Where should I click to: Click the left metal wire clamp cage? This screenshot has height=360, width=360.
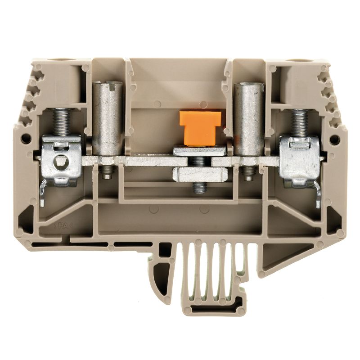click(62, 160)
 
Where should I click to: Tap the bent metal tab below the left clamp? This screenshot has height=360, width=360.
click(42, 193)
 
